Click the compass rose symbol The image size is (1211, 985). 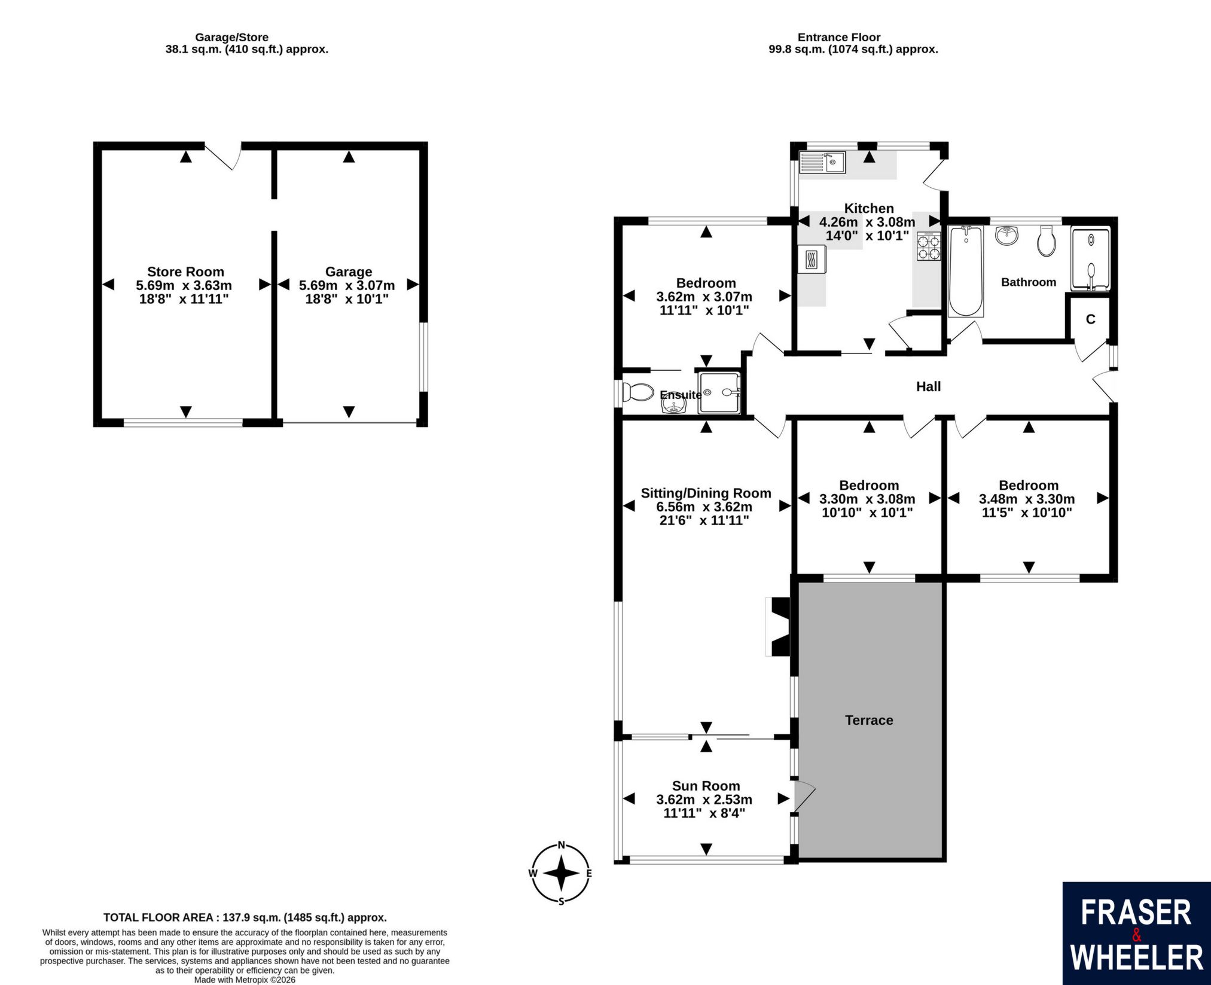(x=560, y=873)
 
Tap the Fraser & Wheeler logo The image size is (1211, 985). (x=1136, y=933)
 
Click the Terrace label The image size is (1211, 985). (x=869, y=720)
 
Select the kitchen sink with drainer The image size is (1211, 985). (x=822, y=162)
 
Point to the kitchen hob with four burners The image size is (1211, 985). (x=929, y=246)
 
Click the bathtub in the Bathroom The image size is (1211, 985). (x=965, y=271)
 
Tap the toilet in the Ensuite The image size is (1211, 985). (x=637, y=392)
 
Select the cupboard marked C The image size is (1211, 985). (x=1090, y=319)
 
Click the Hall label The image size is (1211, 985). (x=929, y=386)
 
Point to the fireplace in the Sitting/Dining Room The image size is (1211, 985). (x=779, y=626)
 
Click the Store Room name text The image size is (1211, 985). (x=185, y=272)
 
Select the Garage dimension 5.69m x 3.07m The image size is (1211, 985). (x=347, y=285)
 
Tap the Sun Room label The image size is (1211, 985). (x=706, y=786)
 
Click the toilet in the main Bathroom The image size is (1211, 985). (x=1047, y=240)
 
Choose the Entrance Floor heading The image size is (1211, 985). (x=839, y=37)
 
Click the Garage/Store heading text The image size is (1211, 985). (x=232, y=37)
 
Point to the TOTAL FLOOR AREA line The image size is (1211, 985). (x=245, y=917)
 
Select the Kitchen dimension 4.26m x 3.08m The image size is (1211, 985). (x=867, y=222)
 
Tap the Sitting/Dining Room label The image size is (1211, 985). (x=706, y=493)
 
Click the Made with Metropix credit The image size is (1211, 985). (x=245, y=980)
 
